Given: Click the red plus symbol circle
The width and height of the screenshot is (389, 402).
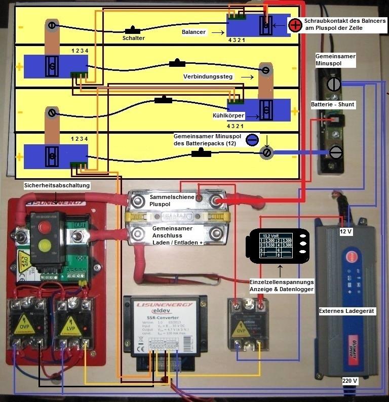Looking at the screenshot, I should [x=295, y=24].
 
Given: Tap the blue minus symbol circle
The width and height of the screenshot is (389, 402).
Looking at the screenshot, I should [x=252, y=140].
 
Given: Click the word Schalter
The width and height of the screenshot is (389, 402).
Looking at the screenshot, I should [x=134, y=38].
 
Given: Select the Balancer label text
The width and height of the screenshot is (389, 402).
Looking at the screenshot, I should [x=193, y=32].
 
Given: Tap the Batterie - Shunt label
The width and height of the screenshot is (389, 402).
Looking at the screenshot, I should [x=333, y=104].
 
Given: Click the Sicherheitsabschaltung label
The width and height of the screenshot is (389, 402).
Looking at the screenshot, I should [x=57, y=186].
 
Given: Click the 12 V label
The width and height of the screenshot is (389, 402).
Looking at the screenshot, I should [x=346, y=231].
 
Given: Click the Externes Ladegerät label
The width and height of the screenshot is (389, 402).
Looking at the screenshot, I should [x=347, y=311].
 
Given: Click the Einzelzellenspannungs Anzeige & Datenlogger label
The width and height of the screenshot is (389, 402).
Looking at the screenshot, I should [x=282, y=285].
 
